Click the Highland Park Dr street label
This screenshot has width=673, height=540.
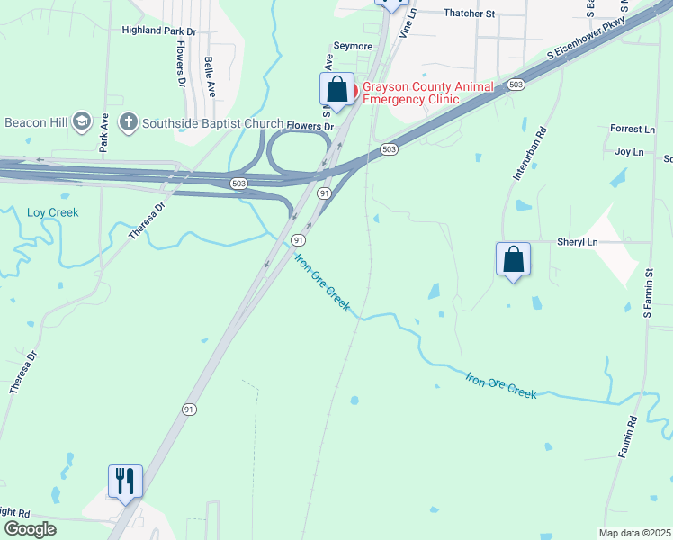[x=159, y=31]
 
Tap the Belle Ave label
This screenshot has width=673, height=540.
[x=210, y=77]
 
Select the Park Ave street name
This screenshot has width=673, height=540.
[x=104, y=131]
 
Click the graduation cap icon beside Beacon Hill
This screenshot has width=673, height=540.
[x=82, y=121]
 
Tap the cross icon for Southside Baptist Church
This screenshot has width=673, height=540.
[x=129, y=121]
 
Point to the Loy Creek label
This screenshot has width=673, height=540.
[x=53, y=213]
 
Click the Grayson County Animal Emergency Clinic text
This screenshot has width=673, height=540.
[x=428, y=93]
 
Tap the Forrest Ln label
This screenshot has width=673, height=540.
[x=633, y=130]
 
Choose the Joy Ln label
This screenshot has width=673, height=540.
[x=635, y=153]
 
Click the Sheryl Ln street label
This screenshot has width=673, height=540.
[x=578, y=242]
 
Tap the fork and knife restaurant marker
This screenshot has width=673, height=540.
[x=124, y=481]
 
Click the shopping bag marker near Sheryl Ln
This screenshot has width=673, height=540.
[x=513, y=259]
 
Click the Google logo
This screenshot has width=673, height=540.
[x=30, y=529]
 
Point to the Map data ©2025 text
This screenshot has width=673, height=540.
[x=634, y=533]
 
